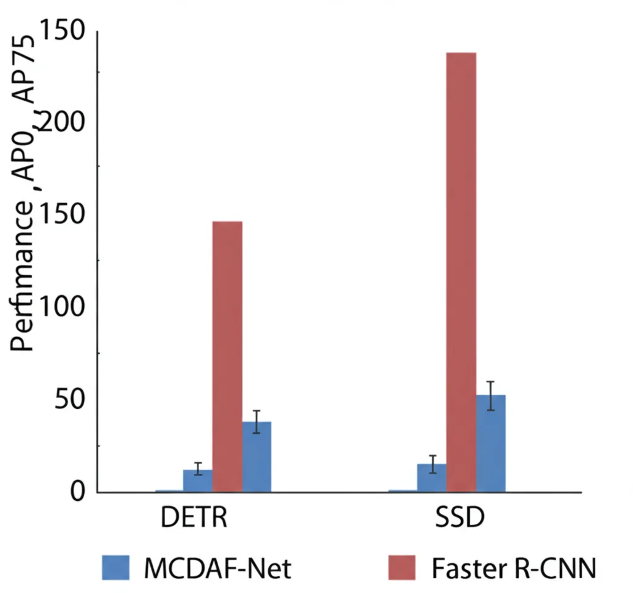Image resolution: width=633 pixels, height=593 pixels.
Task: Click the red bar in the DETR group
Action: [227, 356]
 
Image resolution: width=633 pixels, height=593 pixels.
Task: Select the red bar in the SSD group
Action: [461, 272]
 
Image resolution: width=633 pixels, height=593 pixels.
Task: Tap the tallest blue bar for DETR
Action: [257, 457]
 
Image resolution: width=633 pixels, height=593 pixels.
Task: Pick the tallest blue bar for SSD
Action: [491, 444]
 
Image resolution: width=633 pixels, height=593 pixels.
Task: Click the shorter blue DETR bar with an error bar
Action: [198, 481]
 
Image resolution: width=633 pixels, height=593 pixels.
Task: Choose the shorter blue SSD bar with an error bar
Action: [431, 478]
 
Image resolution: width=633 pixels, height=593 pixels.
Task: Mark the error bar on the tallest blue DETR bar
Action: [257, 421]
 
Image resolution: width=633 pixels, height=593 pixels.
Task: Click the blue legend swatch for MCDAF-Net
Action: [116, 567]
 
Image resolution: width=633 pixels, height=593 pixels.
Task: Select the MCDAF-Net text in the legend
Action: [217, 567]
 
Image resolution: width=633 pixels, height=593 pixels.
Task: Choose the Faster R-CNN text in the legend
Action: [514, 567]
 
